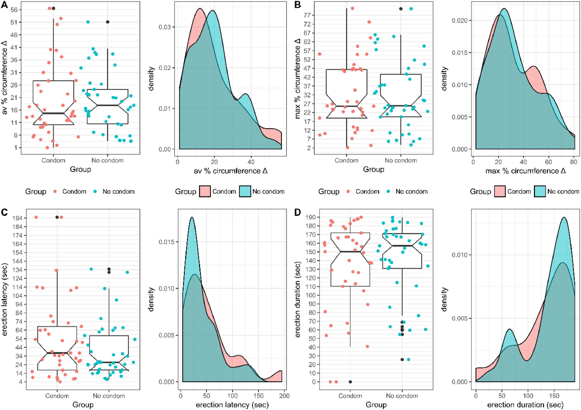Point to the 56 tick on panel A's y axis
click(14, 10)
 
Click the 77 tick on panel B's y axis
click(307, 15)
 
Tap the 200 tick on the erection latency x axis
click(284, 395)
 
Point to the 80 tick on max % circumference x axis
click(574, 162)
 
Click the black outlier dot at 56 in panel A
click(53, 8)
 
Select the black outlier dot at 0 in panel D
click(350, 382)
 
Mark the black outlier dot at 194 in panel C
click(57, 217)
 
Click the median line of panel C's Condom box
click(57, 353)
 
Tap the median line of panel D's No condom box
click(402, 246)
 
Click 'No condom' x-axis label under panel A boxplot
click(108, 160)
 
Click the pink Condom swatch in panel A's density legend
click(205, 192)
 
